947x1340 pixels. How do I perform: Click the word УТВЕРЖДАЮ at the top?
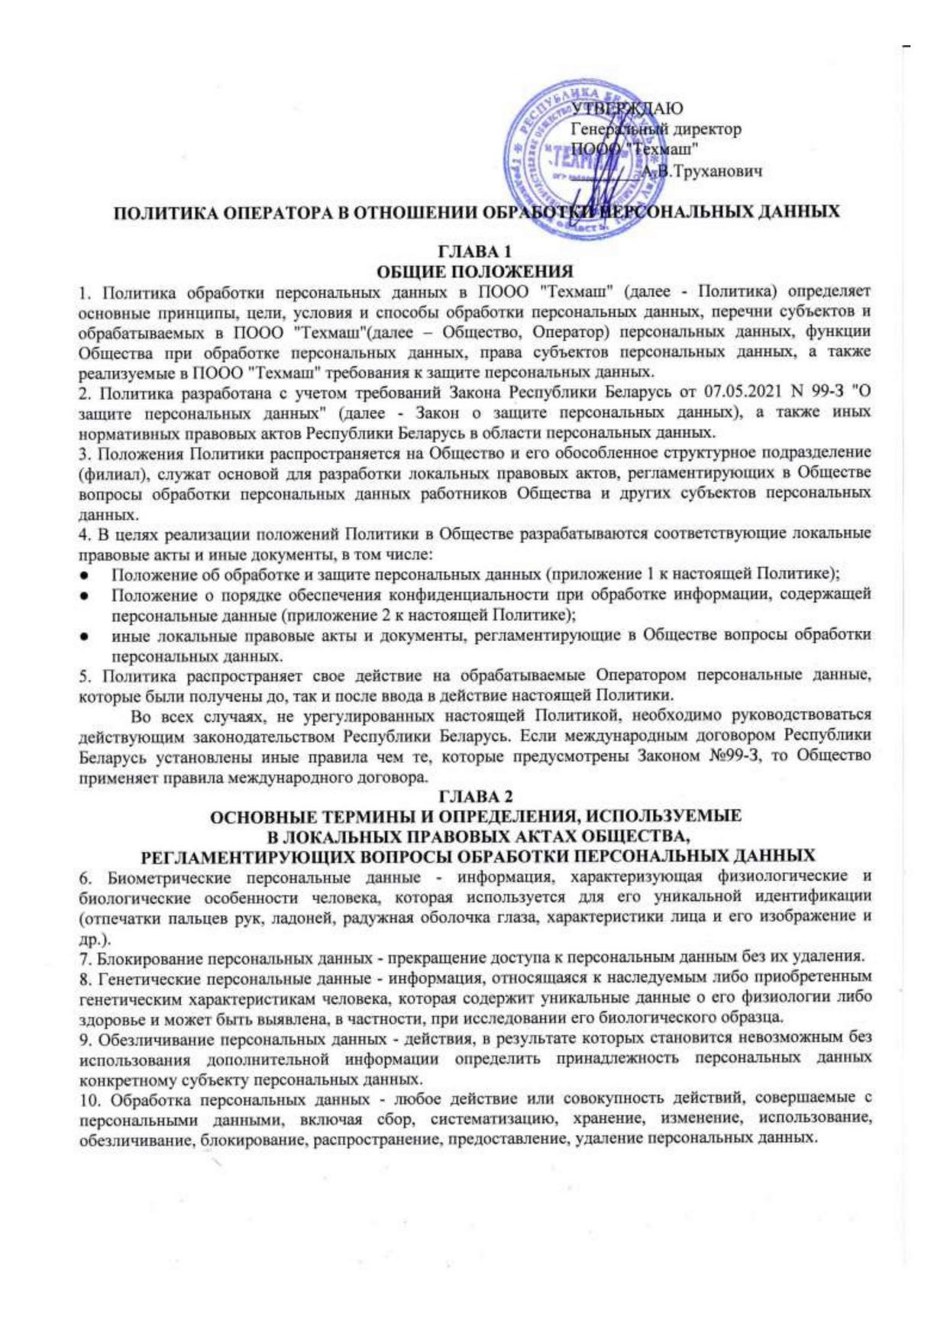627,108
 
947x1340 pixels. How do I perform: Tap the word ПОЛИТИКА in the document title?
163,212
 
